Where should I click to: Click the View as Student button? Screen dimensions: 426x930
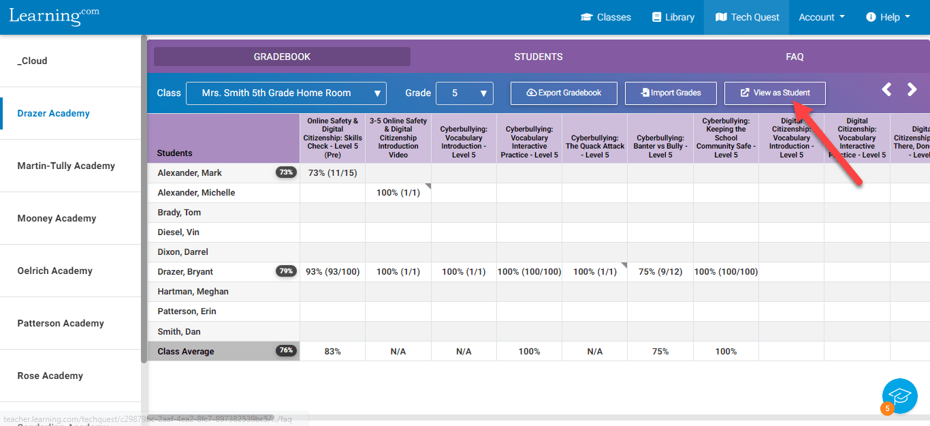pos(775,93)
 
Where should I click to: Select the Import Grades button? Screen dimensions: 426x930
pos(671,93)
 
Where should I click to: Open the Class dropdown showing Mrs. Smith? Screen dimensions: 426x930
pos(286,93)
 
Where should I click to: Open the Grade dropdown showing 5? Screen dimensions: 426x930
pos(464,93)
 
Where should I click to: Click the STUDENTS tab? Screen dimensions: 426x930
pos(538,57)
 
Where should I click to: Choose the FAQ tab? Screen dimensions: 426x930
pos(795,57)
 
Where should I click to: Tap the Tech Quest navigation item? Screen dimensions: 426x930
pos(747,17)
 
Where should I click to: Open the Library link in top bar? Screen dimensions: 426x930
pos(673,17)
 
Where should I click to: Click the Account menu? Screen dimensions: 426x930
pos(821,17)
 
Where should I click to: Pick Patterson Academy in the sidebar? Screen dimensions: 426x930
pos(61,324)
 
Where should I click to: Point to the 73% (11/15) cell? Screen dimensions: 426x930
pos(332,173)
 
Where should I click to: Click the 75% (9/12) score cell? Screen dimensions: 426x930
pos(660,272)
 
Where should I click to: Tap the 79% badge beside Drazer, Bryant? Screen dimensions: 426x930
pos(286,271)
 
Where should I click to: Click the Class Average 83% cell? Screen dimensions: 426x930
pos(332,352)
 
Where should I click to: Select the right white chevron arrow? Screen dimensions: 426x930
pos(912,89)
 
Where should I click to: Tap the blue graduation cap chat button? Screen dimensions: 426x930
pos(900,396)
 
